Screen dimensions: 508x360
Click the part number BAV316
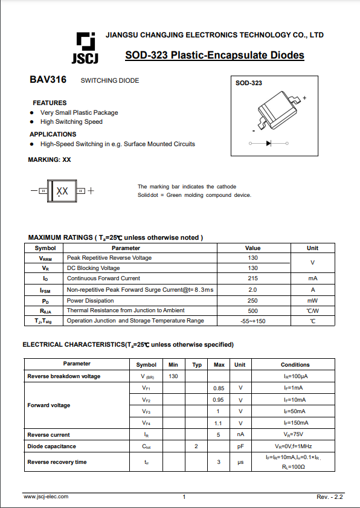pos(48,80)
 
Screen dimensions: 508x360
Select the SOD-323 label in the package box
pos(249,83)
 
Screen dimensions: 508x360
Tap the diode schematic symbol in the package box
pos(269,143)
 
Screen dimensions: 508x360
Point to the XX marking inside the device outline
pos(62,191)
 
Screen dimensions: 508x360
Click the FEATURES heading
pos(50,103)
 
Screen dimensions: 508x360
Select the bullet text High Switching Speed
pos(71,121)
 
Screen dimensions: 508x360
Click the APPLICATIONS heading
pos(53,134)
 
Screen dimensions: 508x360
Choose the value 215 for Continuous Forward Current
pos(252,278)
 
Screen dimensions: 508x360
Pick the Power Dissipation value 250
pos(252,300)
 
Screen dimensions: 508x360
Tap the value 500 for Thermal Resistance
pos(252,310)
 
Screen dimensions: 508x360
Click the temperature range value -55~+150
pos(252,321)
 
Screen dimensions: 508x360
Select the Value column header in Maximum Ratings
pos(252,248)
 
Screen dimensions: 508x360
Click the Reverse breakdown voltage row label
pos(64,376)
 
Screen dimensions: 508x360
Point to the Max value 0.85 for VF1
pos(219,388)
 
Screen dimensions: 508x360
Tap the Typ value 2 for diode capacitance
pos(196,446)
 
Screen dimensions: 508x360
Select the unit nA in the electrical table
pos(240,435)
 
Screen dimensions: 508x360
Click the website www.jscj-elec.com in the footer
pos(46,497)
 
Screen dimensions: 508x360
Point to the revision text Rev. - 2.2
pos(329,497)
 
